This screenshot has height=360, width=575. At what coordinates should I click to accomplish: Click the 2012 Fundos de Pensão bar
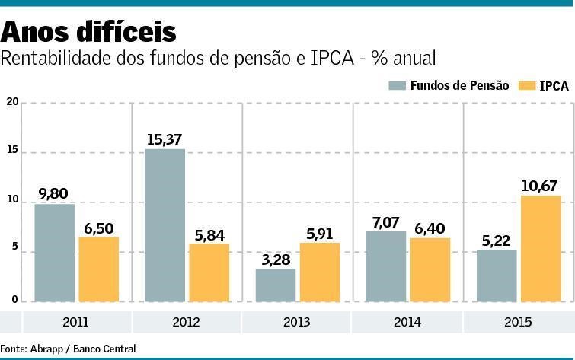click(x=165, y=225)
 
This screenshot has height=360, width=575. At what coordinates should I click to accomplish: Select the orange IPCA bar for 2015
click(x=540, y=249)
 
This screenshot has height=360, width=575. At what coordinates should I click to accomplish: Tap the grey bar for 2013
click(x=275, y=285)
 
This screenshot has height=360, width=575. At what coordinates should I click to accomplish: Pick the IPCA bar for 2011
click(x=98, y=269)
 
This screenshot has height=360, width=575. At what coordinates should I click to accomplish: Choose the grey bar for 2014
click(x=385, y=266)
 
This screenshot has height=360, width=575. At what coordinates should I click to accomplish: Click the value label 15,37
click(x=165, y=139)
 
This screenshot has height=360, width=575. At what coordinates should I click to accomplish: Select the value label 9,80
click(x=53, y=194)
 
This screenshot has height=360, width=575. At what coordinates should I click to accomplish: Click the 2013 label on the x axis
click(x=296, y=323)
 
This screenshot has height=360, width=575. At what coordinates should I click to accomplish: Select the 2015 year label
click(x=518, y=323)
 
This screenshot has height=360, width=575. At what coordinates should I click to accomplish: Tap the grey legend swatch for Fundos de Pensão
click(x=397, y=85)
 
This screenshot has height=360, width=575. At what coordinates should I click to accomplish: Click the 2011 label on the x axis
click(x=75, y=323)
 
